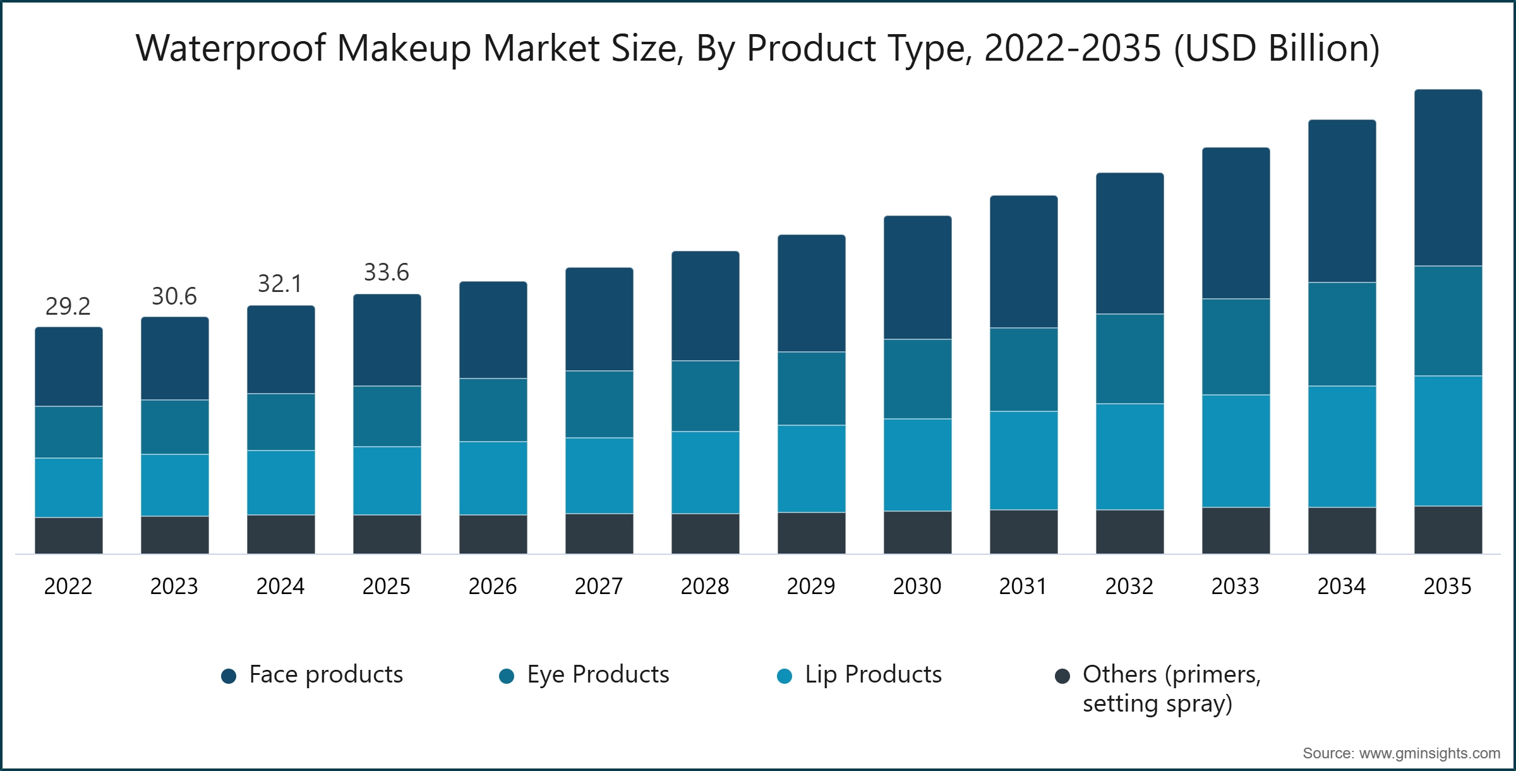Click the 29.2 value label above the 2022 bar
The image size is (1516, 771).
coord(68,307)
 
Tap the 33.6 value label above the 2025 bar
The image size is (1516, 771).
coord(387,272)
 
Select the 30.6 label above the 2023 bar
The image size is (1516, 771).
coord(174,296)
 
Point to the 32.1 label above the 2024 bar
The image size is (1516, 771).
coord(280,284)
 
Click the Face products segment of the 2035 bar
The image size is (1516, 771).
coord(1448,178)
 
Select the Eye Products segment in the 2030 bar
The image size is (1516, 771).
coord(917,379)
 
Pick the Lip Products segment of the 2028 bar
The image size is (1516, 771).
coord(705,473)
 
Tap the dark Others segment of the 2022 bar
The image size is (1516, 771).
coord(68,536)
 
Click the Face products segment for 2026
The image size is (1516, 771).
coord(493,330)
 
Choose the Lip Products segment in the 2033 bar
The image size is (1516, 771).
coord(1236,451)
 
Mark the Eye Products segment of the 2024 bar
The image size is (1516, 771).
coord(280,422)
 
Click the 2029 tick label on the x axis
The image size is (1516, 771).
coord(811,586)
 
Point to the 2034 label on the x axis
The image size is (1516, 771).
coord(1342,586)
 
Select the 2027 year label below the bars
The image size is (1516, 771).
coord(599,586)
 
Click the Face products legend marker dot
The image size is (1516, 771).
coord(229,676)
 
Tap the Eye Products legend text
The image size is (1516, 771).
coord(598,674)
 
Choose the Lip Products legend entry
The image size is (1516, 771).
coord(873,674)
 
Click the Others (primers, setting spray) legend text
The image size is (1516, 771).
coord(1171,689)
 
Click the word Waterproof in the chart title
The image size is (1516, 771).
coord(231,48)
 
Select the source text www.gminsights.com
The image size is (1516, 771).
coord(1429,753)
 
